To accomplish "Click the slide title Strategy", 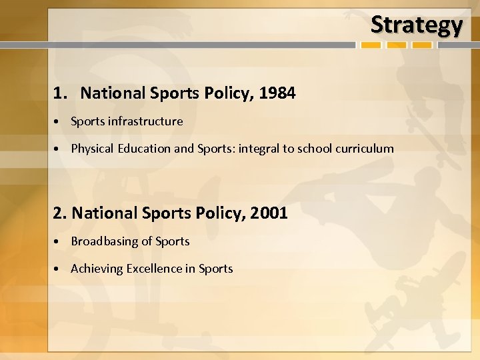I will (416, 25).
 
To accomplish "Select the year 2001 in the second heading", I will (270, 213).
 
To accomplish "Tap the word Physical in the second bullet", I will (93, 149).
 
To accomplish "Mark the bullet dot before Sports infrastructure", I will (59, 122).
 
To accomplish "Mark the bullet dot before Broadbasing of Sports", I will (59, 242).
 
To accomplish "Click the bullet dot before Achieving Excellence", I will (59, 269).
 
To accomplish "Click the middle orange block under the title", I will (397, 45).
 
